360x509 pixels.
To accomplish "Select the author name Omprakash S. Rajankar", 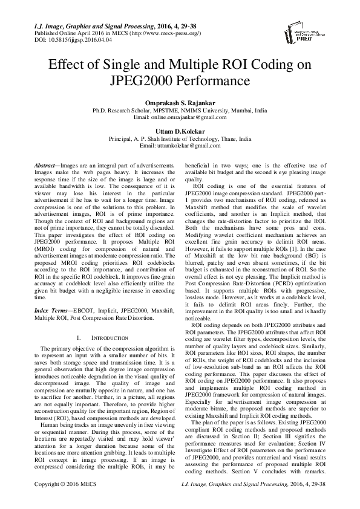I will [180, 104].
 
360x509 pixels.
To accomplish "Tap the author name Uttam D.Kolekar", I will [180, 131].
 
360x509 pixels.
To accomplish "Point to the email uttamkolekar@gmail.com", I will [188, 146].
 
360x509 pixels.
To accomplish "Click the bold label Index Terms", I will [49, 309].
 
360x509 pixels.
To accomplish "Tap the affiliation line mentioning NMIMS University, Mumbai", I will [180, 112].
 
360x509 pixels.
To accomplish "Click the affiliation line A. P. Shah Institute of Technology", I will [180, 138].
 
